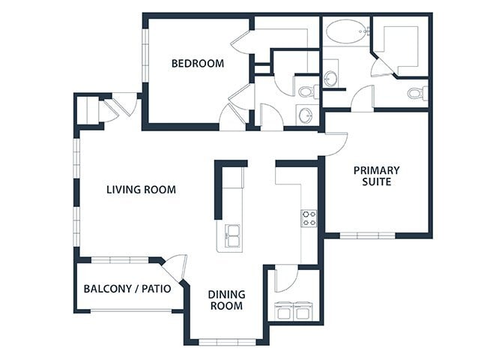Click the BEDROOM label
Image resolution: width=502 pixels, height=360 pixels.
click(x=198, y=64)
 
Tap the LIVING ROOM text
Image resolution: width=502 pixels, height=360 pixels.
click(x=141, y=190)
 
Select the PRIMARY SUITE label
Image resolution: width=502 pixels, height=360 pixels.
click(x=376, y=176)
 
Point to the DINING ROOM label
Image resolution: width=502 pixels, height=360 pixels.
click(x=226, y=300)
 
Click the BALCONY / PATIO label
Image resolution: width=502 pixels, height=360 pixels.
click(x=127, y=288)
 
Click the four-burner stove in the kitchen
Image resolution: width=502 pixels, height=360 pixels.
click(x=309, y=218)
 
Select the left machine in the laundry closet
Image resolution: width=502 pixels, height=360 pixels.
click(x=283, y=310)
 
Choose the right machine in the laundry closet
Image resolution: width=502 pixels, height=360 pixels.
click(x=302, y=310)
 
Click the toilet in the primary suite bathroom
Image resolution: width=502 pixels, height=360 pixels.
click(x=417, y=94)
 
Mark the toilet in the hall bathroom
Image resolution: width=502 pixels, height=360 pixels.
click(x=306, y=92)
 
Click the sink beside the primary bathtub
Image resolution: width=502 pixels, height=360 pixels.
click(x=330, y=77)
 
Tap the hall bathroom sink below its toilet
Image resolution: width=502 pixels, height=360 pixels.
click(x=305, y=115)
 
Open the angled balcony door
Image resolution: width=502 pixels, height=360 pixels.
click(x=176, y=267)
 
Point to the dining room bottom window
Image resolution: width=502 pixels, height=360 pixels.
click(x=226, y=342)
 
